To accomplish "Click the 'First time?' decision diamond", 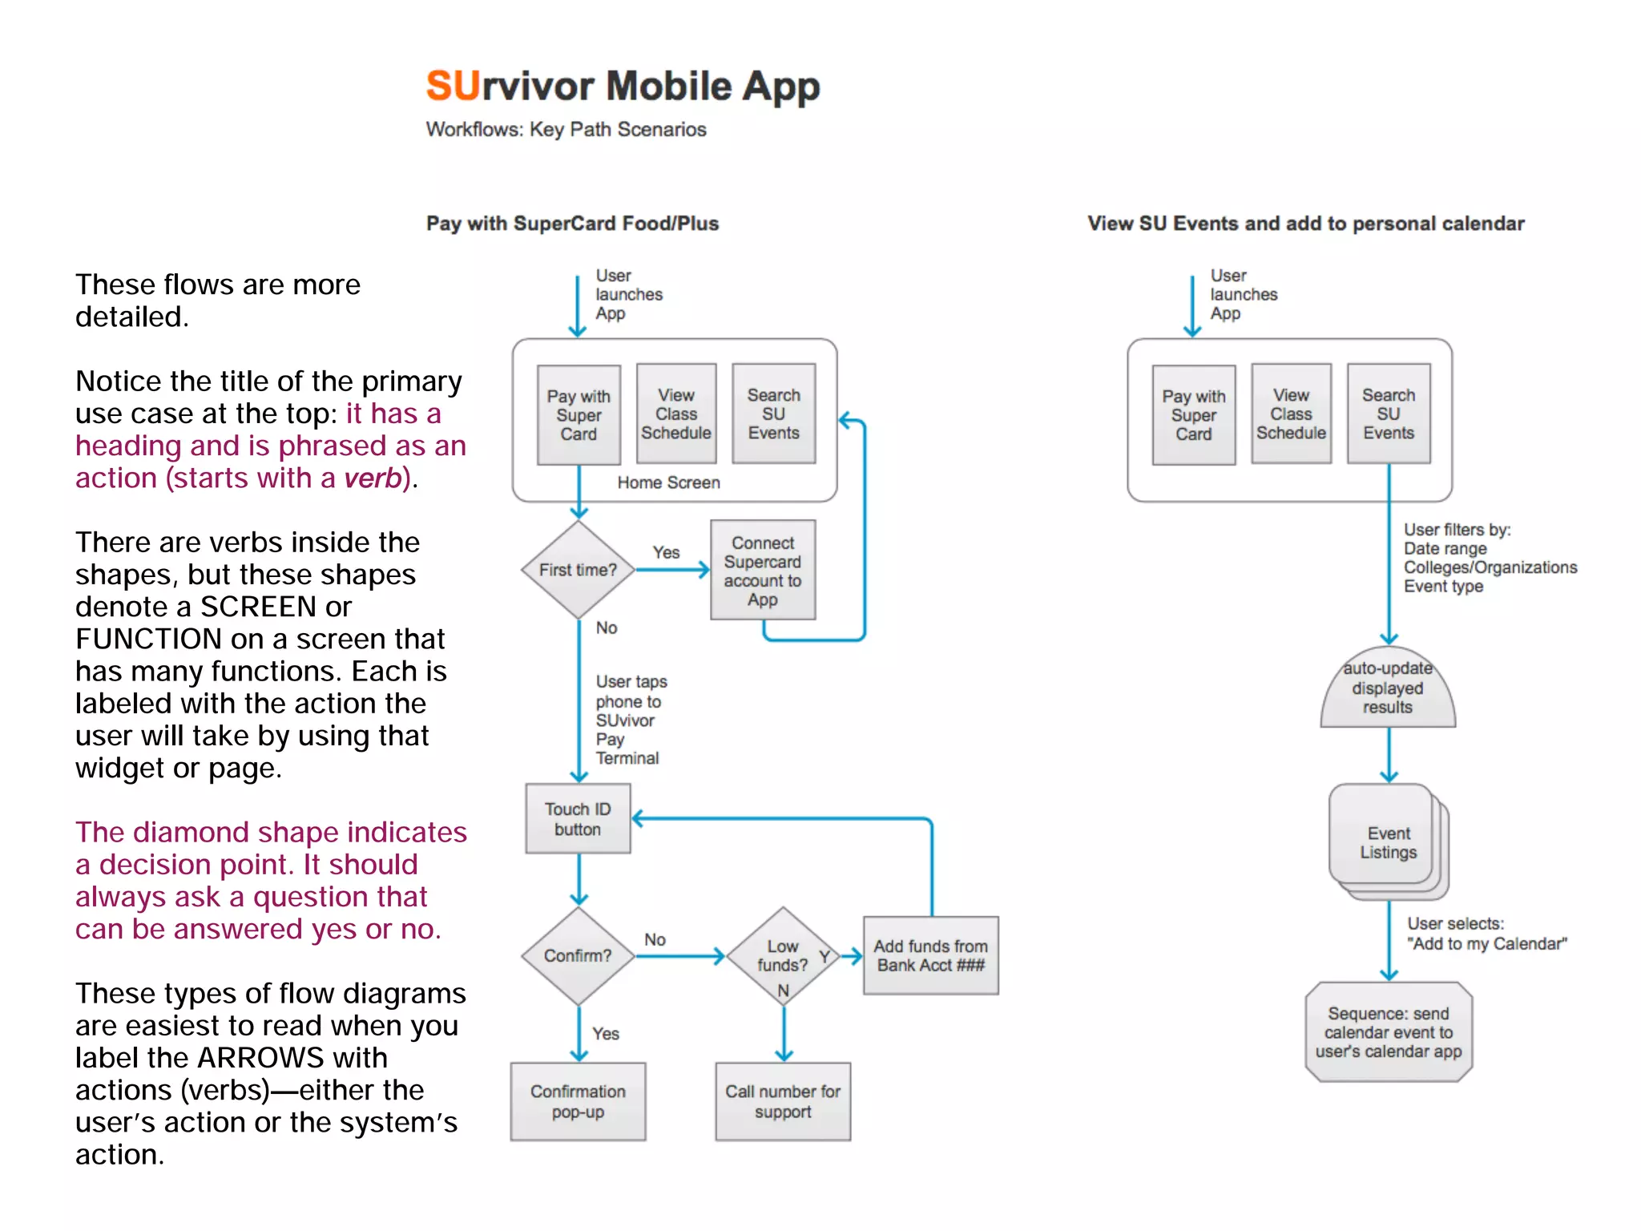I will tap(578, 570).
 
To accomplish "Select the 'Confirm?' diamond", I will tap(578, 955).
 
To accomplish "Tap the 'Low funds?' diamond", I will tap(783, 955).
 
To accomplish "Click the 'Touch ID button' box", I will tap(578, 819).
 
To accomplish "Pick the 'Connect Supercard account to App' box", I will tap(763, 571).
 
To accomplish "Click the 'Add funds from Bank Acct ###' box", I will tap(930, 955).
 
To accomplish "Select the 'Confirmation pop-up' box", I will tap(578, 1101).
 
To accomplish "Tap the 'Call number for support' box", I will tap(783, 1101).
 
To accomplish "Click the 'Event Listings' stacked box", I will tap(1388, 842).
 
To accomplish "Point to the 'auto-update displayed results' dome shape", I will tap(1388, 689).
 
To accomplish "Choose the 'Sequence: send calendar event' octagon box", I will tap(1388, 1032).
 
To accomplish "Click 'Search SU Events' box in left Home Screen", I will tap(773, 414).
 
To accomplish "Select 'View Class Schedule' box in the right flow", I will tap(1291, 414).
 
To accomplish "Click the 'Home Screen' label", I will tap(668, 482).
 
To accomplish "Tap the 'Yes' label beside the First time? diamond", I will tap(666, 552).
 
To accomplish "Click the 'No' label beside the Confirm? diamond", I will tap(655, 939).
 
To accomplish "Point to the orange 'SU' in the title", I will tap(453, 86).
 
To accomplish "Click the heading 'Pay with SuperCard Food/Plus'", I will tap(572, 224).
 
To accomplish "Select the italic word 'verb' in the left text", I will tap(372, 478).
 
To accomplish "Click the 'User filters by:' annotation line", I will tap(1457, 530).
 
